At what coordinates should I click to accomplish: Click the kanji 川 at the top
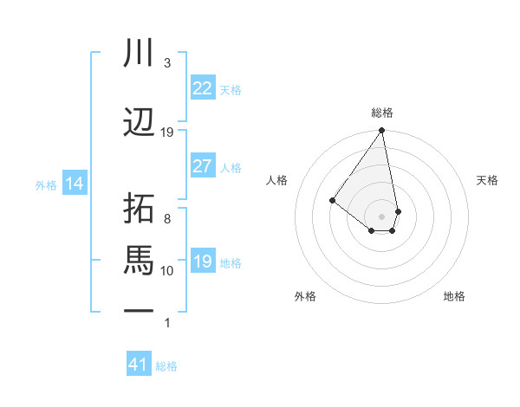pos(140,54)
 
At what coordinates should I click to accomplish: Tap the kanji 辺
pos(140,123)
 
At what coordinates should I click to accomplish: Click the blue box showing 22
pos(202,88)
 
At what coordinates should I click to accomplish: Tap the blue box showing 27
pos(202,166)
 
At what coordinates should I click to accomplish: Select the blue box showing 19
pos(202,262)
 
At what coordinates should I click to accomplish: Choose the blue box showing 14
pos(74,184)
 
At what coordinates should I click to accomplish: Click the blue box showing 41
pos(139,365)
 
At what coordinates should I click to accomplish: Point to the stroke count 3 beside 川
pos(167,63)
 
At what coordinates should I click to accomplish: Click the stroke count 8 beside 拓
pos(167,219)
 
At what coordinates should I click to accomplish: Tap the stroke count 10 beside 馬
pos(167,271)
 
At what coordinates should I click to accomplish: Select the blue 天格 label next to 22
pos(231,90)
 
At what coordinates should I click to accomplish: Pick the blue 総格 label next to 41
pos(166,366)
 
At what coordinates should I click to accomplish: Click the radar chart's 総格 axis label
pos(382,113)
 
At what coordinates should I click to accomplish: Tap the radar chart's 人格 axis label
pos(277,180)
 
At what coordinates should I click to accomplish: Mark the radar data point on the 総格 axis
pos(381,131)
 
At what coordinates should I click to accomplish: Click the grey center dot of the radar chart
pos(381,216)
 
